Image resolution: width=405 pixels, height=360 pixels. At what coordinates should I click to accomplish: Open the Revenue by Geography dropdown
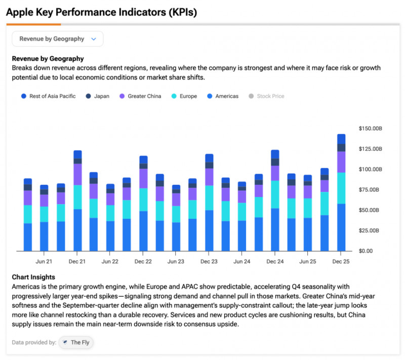coord(57,39)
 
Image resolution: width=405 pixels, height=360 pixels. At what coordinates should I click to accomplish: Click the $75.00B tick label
coord(371,190)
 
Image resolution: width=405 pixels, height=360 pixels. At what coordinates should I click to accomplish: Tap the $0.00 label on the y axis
coord(366,251)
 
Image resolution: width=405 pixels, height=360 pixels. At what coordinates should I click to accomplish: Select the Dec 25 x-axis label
coord(341,261)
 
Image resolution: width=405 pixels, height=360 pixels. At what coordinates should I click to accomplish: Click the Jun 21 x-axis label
coord(44,261)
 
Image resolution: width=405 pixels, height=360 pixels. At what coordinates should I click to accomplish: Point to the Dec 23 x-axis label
coord(209,261)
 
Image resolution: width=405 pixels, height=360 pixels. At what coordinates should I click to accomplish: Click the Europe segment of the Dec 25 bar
coord(341,188)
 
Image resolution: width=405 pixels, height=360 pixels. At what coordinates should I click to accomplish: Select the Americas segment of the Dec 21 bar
coord(77,230)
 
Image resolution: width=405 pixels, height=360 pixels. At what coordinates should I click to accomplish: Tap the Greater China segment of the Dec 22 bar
coord(143,178)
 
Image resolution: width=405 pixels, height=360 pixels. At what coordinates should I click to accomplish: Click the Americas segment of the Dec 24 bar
coord(275,230)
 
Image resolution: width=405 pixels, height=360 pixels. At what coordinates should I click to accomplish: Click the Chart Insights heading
coord(33,277)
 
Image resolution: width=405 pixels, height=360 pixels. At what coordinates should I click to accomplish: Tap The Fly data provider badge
coord(76,342)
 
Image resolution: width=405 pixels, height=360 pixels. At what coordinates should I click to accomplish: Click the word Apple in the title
coord(20,12)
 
